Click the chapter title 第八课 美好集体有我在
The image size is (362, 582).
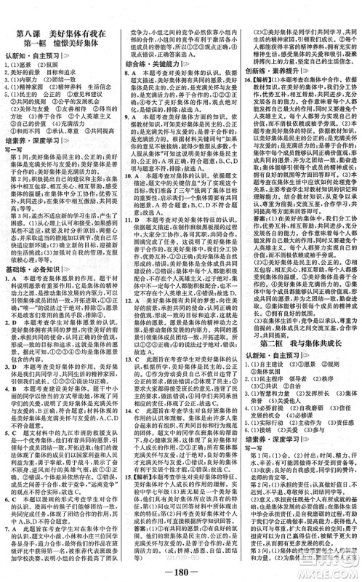(x=61, y=15)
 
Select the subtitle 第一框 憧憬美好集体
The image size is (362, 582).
(x=61, y=27)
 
